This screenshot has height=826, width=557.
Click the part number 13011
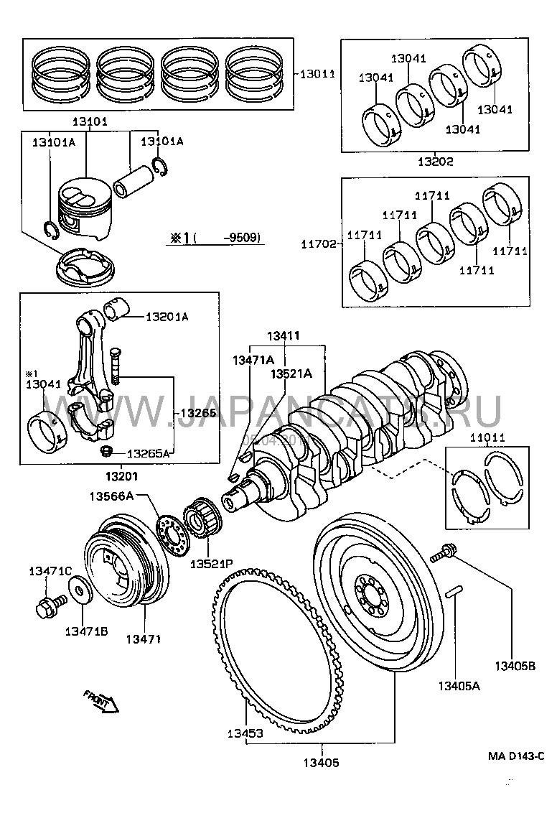(317, 73)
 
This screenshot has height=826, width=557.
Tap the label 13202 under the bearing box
(437, 162)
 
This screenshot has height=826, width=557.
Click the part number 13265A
(149, 453)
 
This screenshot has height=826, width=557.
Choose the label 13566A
(111, 496)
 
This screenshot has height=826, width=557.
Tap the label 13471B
(86, 631)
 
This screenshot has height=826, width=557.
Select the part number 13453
(246, 733)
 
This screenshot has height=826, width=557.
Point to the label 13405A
(459, 686)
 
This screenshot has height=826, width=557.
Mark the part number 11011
(487, 437)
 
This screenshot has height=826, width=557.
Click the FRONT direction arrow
(100, 703)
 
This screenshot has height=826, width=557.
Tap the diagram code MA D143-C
(516, 756)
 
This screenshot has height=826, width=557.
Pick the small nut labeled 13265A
(105, 452)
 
